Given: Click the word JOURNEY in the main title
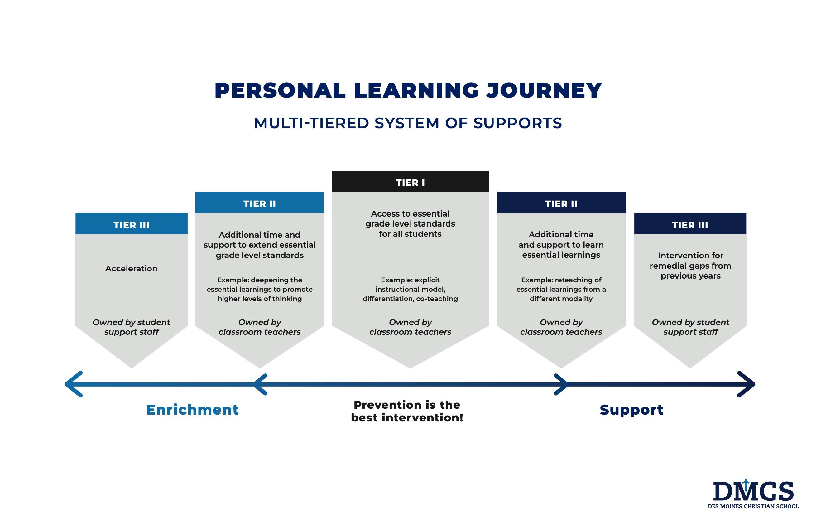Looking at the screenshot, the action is (x=544, y=90).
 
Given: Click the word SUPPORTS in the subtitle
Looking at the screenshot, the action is (x=518, y=123).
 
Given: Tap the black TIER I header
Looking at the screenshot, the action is (x=410, y=181).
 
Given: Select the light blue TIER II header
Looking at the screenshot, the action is (x=260, y=202).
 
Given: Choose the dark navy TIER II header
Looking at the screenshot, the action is (x=561, y=202).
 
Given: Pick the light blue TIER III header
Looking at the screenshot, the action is (x=132, y=223).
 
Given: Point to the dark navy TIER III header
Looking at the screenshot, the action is (x=690, y=223).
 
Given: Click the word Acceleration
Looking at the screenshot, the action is (x=131, y=269).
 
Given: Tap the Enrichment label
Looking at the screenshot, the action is (x=192, y=410).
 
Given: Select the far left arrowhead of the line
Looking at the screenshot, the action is (x=73, y=384).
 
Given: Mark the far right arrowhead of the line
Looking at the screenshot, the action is (x=746, y=384).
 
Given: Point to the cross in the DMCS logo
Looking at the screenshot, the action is (x=746, y=485).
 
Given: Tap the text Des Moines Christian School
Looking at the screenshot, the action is (x=753, y=506).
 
